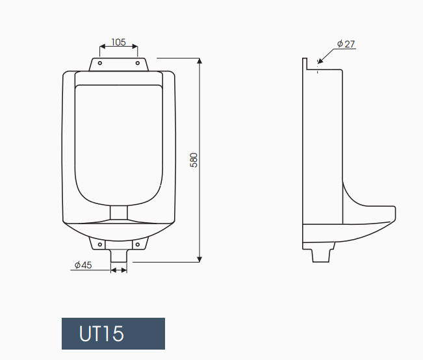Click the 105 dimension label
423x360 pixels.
coord(119,42)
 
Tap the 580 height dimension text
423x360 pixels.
coord(194,160)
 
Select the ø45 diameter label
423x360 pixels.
coord(83,264)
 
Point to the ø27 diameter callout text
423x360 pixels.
coord(346,44)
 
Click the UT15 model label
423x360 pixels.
coord(101,333)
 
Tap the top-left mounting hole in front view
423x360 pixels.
coord(100,63)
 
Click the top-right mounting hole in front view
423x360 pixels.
coord(138,63)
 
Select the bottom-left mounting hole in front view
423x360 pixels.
coord(100,244)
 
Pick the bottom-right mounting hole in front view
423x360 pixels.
coord(138,244)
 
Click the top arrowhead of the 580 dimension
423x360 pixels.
coord(199,60)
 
